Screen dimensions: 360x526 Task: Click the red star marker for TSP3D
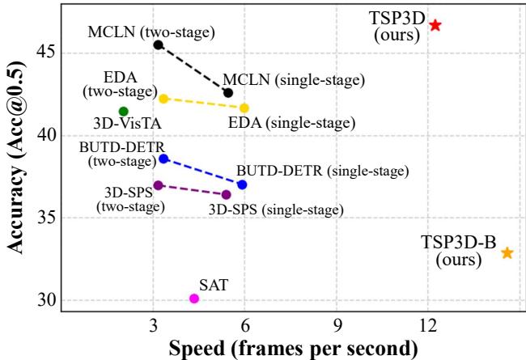[x=435, y=25]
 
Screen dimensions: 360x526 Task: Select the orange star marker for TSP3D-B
[x=507, y=253]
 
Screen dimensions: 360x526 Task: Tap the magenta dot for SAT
[x=194, y=299]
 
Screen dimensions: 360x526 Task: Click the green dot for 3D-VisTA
[x=123, y=112]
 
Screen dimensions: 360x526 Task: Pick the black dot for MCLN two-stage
[x=159, y=44]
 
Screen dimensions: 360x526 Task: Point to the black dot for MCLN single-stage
[x=228, y=93]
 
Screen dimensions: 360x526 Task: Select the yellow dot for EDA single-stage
[x=244, y=108]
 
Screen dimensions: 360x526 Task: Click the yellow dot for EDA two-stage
[x=163, y=99]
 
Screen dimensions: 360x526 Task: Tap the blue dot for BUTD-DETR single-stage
[x=242, y=184]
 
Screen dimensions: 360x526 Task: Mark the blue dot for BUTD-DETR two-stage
[x=163, y=159]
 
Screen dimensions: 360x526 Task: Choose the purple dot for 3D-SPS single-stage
[x=227, y=195]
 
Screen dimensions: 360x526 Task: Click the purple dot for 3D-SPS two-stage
[x=159, y=185]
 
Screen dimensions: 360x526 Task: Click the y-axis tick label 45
[x=46, y=53]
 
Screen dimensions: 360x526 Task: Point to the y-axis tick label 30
[x=46, y=300]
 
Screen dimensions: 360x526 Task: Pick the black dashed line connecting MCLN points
[x=193, y=69]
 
